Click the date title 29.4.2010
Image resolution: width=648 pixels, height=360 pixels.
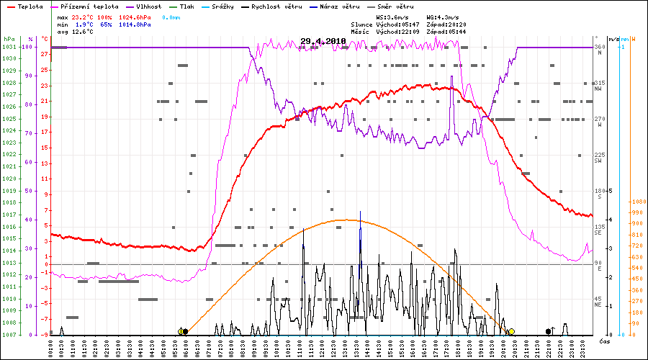323,41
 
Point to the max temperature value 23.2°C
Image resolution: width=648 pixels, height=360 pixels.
84,16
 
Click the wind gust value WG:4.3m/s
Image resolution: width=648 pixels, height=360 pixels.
443,16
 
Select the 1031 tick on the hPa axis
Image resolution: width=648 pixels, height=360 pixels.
9,47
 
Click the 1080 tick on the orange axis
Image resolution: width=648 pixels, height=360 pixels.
637,202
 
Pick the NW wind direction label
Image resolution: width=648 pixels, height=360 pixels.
598,88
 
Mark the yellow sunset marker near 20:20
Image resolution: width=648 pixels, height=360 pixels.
510,332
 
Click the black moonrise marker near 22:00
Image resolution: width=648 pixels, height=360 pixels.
549,331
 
